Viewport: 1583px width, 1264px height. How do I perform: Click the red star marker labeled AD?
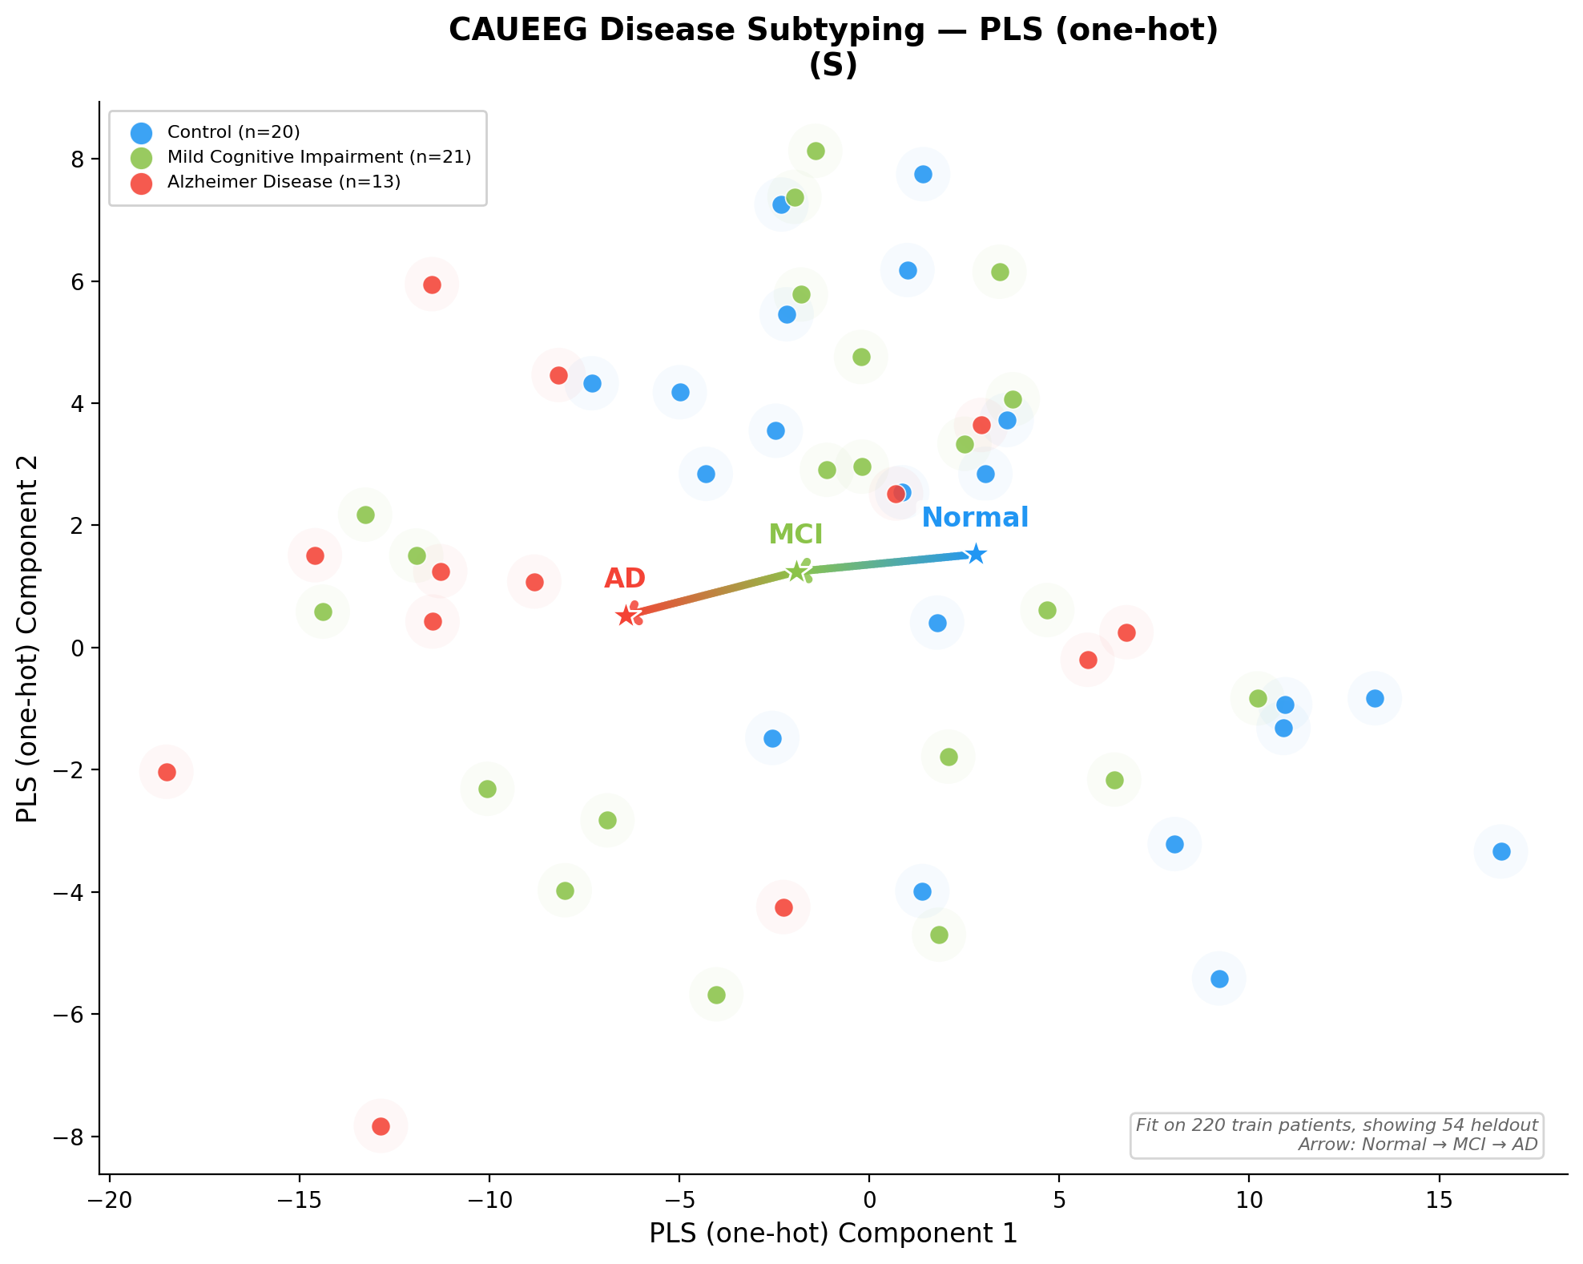coord(626,616)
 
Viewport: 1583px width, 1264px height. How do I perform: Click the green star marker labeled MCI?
coord(796,571)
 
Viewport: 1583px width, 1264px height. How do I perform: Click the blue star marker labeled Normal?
coord(975,554)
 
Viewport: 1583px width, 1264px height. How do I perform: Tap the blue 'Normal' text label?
coord(974,518)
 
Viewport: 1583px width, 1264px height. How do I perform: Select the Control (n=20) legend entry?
coord(233,132)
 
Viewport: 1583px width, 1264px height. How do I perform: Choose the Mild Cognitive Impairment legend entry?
coord(318,157)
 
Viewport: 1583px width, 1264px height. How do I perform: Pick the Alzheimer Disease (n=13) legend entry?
coord(283,182)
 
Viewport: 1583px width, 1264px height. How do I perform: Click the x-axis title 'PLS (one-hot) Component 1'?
coord(833,1234)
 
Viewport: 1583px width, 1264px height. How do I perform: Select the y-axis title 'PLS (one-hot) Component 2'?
coord(28,640)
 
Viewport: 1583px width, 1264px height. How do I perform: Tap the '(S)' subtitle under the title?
coord(833,66)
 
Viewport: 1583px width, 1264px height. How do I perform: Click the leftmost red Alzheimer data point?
coord(167,772)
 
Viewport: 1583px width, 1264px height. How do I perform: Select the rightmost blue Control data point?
coord(1501,851)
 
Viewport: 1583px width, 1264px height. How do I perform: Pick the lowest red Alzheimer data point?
coord(381,1126)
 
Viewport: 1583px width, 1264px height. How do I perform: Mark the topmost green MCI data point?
coord(816,151)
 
